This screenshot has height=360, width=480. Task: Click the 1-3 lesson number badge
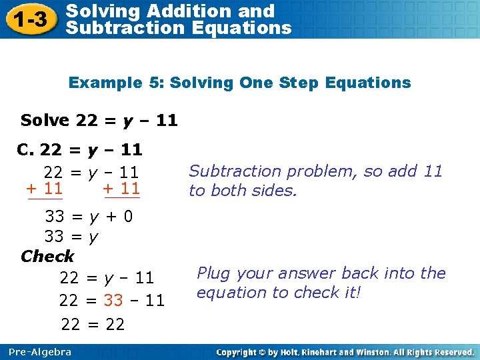pyautogui.click(x=31, y=20)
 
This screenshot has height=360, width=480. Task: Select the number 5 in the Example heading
pyautogui.click(x=157, y=83)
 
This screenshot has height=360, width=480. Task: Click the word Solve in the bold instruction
pyautogui.click(x=45, y=120)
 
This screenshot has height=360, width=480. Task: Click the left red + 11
pyautogui.click(x=44, y=189)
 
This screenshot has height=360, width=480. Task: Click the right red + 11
pyautogui.click(x=121, y=189)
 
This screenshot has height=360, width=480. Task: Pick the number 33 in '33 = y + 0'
pyautogui.click(x=54, y=217)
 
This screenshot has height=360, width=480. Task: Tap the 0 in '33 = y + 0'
pyautogui.click(x=128, y=217)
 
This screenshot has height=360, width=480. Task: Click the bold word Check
pyautogui.click(x=47, y=256)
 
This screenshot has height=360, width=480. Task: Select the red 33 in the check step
pyautogui.click(x=113, y=301)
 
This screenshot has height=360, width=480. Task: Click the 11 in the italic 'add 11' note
pyautogui.click(x=433, y=171)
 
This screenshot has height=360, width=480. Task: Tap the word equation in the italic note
pyautogui.click(x=227, y=293)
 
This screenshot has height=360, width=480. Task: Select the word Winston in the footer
pyautogui.click(x=381, y=351)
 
